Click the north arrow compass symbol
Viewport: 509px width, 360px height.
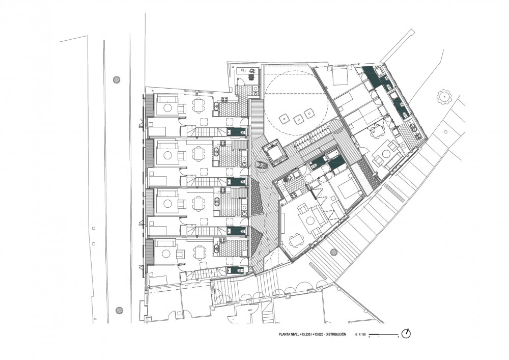pyautogui.click(x=406, y=334)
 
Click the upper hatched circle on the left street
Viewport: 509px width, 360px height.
pyautogui.click(x=117, y=79)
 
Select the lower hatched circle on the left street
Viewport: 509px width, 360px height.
pyautogui.click(x=119, y=310)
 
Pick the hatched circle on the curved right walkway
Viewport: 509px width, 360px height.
pyautogui.click(x=334, y=252)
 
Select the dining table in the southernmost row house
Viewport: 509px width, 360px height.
pyautogui.click(x=199, y=251)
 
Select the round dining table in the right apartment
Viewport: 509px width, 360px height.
pyautogui.click(x=376, y=130)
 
